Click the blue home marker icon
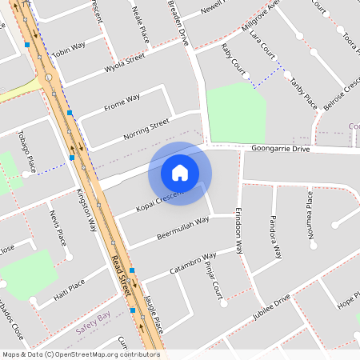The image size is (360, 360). click(180, 172)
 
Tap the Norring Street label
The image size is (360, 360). click(146, 129)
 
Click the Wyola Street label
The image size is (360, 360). click(125, 63)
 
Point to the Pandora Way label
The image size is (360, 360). click(276, 236)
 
